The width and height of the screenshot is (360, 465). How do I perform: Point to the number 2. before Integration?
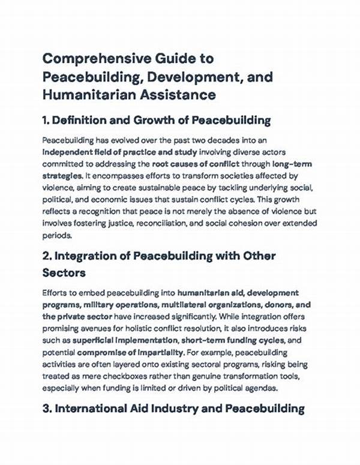[47, 256]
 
